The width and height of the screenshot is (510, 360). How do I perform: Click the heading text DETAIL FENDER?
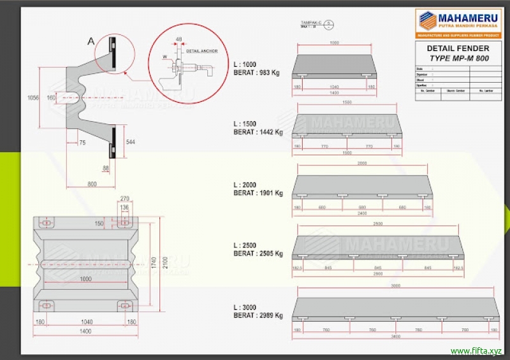coord(458,48)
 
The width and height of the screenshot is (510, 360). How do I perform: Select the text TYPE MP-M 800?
coord(458,57)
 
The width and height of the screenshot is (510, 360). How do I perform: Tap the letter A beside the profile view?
coord(91,41)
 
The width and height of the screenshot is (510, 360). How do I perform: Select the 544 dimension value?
coord(130,141)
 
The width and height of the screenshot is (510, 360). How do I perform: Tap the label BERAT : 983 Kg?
coord(256,73)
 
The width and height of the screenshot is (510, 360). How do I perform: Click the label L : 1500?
coord(245,124)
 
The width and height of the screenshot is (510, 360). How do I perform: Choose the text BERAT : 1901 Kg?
coord(258,193)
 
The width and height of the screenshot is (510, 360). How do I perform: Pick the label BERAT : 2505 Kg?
coord(258,254)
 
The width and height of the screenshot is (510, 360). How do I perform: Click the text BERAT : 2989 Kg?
coord(258,315)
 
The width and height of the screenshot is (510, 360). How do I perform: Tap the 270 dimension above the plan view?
coord(124,198)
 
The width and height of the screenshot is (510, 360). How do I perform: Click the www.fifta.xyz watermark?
coord(476,351)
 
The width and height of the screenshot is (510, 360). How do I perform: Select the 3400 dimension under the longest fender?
coord(395,336)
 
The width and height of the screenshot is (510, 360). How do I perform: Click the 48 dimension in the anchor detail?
coord(178,40)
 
